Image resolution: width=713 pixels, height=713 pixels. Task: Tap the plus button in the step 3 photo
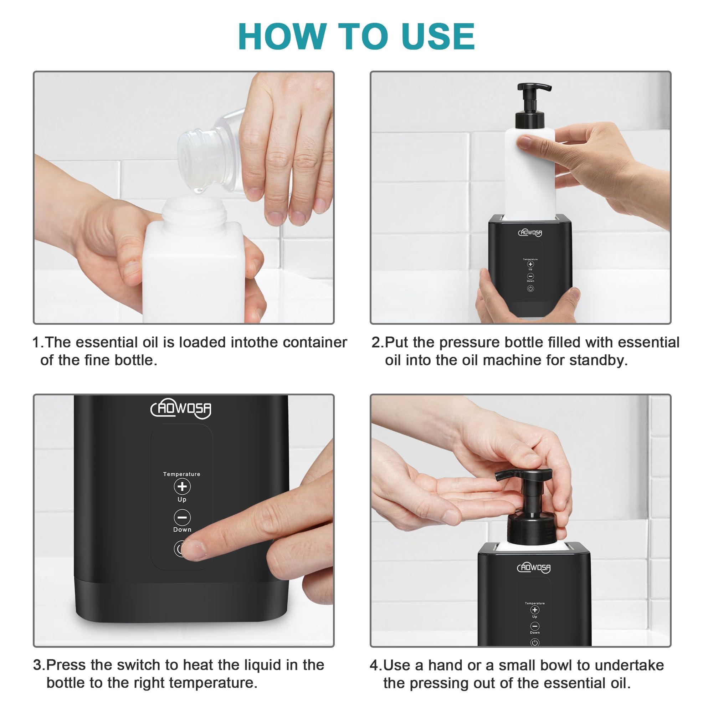coord(182,486)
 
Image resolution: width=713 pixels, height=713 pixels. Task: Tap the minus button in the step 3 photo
coord(182,517)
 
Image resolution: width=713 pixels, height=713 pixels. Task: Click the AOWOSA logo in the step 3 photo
coord(181,409)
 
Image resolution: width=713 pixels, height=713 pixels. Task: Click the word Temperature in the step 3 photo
coord(181,474)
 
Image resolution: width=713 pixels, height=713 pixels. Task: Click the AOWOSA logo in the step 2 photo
coord(530,232)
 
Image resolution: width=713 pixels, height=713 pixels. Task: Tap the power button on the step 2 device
coord(530,289)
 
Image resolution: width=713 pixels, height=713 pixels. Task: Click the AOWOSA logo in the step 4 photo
coord(534,568)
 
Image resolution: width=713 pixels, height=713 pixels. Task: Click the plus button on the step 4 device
coord(534,610)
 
